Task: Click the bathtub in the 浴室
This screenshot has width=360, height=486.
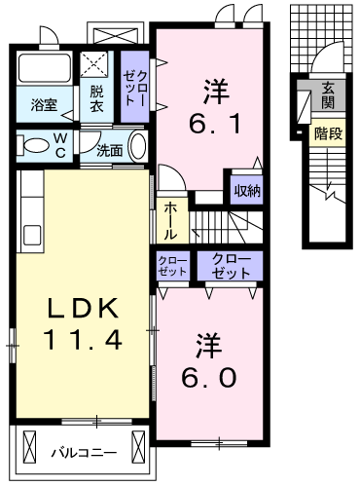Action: tap(45, 68)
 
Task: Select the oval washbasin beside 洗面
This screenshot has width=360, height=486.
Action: tap(138, 146)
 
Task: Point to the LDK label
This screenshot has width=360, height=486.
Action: tap(83, 308)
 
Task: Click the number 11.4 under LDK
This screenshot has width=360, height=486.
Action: tap(83, 339)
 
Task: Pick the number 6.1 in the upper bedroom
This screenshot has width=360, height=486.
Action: tap(215, 124)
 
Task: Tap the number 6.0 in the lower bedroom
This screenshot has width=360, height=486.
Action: tap(208, 377)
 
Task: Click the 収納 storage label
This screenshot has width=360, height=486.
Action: tap(247, 191)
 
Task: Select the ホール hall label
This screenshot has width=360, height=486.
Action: tap(170, 221)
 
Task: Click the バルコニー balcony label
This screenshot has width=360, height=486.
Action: tap(84, 452)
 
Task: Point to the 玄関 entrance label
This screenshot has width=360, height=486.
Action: tap(328, 94)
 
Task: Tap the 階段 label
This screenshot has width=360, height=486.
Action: tap(328, 133)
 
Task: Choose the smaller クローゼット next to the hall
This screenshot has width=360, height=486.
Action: tap(172, 266)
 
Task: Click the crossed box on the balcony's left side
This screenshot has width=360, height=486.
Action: tap(30, 447)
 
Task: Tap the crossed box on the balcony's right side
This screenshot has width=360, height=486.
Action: tap(138, 447)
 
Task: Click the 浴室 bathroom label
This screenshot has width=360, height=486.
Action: tap(44, 105)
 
